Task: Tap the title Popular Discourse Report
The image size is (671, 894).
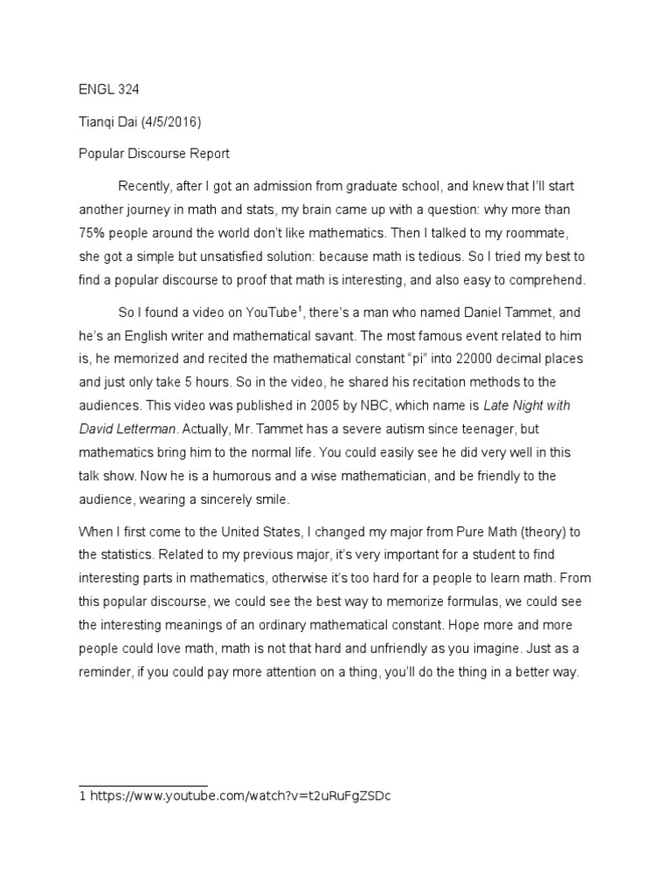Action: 154,154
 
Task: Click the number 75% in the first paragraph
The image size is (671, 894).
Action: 88,234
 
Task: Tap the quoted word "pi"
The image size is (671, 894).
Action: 405,359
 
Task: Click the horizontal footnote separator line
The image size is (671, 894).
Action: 143,786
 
